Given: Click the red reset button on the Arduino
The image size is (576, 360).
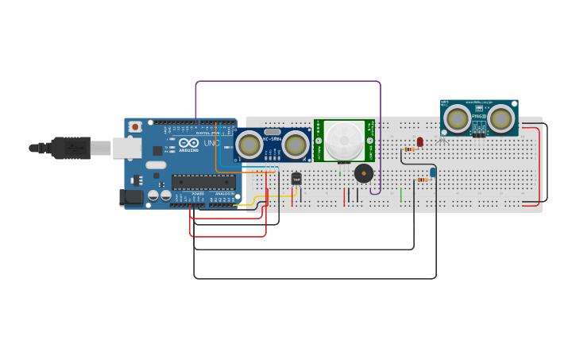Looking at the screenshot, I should click(x=136, y=126).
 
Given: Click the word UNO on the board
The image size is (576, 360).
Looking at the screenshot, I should click(x=211, y=143).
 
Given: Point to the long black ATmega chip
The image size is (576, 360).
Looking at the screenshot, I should click(x=203, y=182).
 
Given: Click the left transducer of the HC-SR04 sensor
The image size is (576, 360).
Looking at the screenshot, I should click(x=248, y=145).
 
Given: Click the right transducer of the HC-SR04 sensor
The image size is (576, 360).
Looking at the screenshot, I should click(x=295, y=145).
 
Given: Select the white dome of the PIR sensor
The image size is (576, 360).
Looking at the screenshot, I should click(x=344, y=141).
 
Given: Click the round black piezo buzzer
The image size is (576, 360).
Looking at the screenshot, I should click(x=364, y=173).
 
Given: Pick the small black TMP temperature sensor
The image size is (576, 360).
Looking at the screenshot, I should click(x=296, y=180).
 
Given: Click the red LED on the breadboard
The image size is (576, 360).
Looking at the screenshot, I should click(x=420, y=141).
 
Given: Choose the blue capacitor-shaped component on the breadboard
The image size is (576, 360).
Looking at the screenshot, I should click(x=433, y=172).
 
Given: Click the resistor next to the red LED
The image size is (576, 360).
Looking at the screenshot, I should click(x=410, y=149).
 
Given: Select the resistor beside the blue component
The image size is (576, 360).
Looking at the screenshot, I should click(x=422, y=180).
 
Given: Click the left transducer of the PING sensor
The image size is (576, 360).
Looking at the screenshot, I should click(x=456, y=119).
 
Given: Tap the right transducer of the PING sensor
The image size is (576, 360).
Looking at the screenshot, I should click(x=501, y=119).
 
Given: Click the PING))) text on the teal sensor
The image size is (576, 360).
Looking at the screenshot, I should click(x=478, y=117).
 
